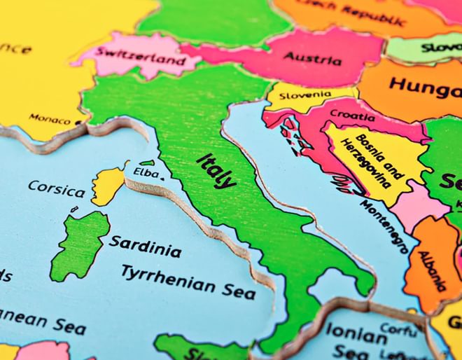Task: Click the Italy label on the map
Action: (x=217, y=170)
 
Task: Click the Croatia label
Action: (x=352, y=114)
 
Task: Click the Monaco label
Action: (x=50, y=118)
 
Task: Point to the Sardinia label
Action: (x=145, y=247)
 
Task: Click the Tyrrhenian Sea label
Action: (x=188, y=281)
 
